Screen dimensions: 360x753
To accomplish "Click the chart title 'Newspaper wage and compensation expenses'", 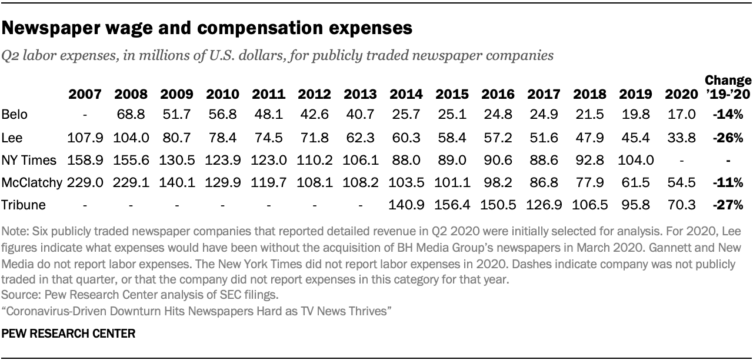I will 206,28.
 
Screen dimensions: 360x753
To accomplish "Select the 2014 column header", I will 406,94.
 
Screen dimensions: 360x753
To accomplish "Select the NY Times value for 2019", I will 635,159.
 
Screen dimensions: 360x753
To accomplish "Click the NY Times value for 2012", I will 314,159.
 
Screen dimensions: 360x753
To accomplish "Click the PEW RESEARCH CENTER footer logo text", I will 69,334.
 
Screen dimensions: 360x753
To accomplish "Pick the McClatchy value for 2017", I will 544,182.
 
